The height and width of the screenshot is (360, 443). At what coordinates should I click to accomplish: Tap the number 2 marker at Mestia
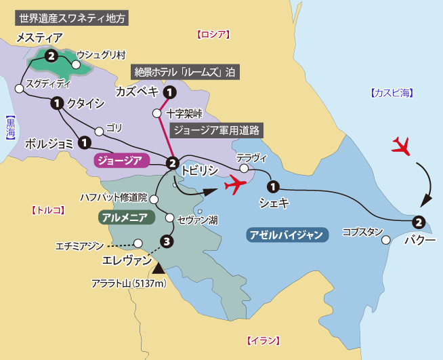(x=51, y=57)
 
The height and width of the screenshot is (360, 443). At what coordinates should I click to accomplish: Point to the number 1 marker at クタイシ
(x=56, y=104)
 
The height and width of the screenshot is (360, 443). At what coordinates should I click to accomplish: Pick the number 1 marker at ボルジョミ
(x=84, y=142)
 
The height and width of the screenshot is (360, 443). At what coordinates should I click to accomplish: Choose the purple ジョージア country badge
(x=120, y=160)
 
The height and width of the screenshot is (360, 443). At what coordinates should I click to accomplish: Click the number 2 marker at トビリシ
(x=172, y=163)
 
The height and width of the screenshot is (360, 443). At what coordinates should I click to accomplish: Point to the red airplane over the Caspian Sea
(x=402, y=146)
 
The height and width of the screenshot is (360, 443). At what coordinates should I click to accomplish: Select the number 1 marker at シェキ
(x=272, y=186)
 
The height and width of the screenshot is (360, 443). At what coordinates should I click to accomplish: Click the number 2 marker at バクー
(x=419, y=222)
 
